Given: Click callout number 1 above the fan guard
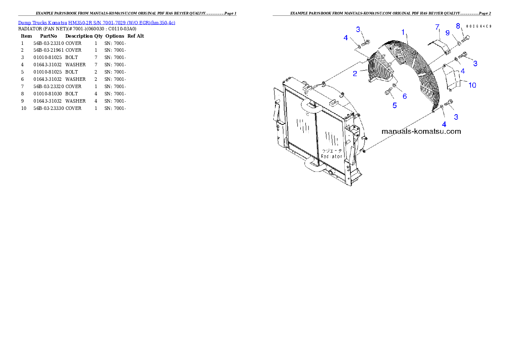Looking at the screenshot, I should click(403, 32).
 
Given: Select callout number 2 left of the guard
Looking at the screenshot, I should click(355, 74).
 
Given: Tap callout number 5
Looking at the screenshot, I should click(394, 105).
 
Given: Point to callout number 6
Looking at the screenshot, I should click(405, 97).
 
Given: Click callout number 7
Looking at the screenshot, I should click(437, 27).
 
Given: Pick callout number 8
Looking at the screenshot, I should click(458, 26).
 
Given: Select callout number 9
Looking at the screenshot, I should click(447, 32).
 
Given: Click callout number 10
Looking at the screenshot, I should click(472, 85).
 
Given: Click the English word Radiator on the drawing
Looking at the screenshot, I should click(332, 157).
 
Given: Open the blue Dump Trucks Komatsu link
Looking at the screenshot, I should click(97, 23).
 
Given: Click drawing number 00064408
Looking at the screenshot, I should click(478, 27).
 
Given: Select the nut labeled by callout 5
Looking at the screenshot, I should click(388, 91).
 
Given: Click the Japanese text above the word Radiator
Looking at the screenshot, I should click(332, 151).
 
